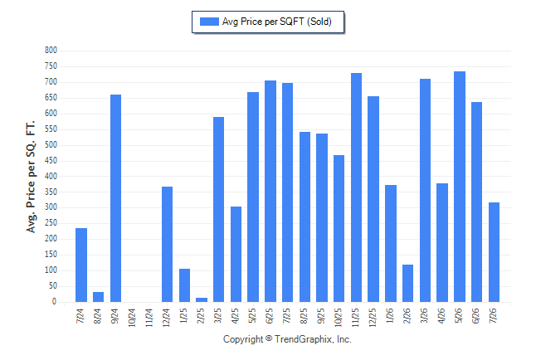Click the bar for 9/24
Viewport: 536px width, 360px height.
click(x=115, y=198)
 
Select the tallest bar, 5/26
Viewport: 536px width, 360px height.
click(x=460, y=187)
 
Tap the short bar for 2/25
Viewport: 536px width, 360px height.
click(x=202, y=299)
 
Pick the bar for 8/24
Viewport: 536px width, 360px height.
click(x=98, y=297)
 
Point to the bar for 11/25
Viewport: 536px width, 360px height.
click(x=356, y=187)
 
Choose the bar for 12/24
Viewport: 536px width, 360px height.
click(x=167, y=244)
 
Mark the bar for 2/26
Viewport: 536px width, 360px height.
click(x=408, y=283)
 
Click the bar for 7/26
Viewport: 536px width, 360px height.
click(x=494, y=252)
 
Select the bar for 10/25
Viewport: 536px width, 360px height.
click(x=339, y=228)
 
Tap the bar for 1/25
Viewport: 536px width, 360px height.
click(x=184, y=285)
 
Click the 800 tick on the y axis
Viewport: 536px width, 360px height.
click(x=51, y=51)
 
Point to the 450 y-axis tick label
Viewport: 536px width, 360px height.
click(x=51, y=160)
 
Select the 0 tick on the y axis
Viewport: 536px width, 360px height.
click(x=54, y=301)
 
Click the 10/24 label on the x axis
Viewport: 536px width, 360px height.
click(x=132, y=318)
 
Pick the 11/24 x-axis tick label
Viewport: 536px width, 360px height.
click(x=149, y=318)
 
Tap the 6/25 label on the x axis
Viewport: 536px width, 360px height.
click(x=270, y=315)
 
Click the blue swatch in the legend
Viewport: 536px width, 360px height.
click(x=209, y=22)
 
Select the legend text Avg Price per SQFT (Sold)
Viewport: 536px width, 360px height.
click(x=277, y=22)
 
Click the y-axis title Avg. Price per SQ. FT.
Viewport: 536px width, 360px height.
click(x=31, y=177)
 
